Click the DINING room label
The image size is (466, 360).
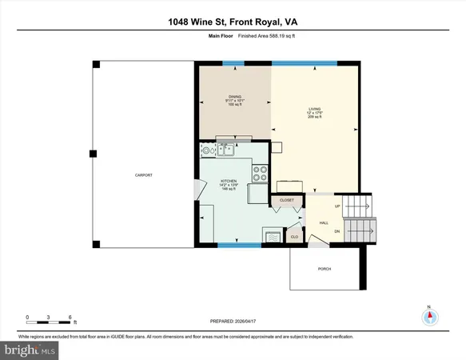click(234, 96)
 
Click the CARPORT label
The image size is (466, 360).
click(143, 175)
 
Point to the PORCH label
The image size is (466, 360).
click(325, 269)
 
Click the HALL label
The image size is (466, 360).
click(324, 222)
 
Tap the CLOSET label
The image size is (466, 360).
click(287, 200)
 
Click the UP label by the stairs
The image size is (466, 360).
click(337, 206)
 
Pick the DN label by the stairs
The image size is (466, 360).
click(337, 231)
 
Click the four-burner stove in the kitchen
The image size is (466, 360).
click(260, 171)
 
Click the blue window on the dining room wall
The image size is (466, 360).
click(233, 63)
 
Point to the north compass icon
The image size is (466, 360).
click(429, 316)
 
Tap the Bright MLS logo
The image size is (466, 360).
click(30, 350)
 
